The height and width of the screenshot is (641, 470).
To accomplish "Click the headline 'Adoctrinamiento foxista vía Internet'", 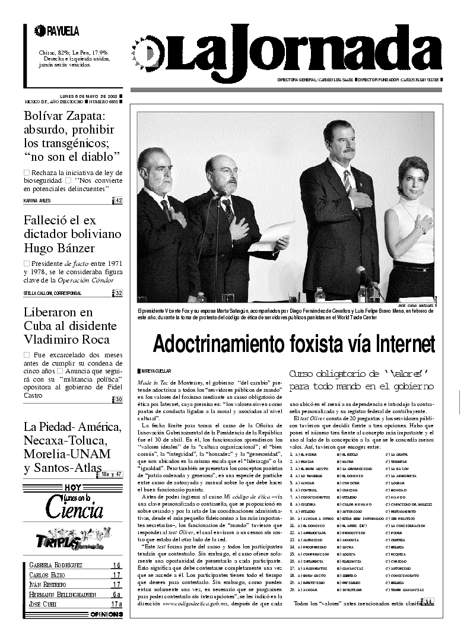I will click(x=294, y=345).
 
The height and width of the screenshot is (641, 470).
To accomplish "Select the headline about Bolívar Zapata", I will click(x=72, y=135).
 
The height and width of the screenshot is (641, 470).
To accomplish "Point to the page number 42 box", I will click(x=118, y=201).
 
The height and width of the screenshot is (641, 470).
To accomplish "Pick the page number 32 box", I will click(x=118, y=293).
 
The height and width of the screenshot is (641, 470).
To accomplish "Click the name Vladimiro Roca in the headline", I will click(x=66, y=339).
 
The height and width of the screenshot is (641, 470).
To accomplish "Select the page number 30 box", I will click(x=118, y=399).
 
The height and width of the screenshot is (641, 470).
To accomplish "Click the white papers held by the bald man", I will click(x=271, y=237).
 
